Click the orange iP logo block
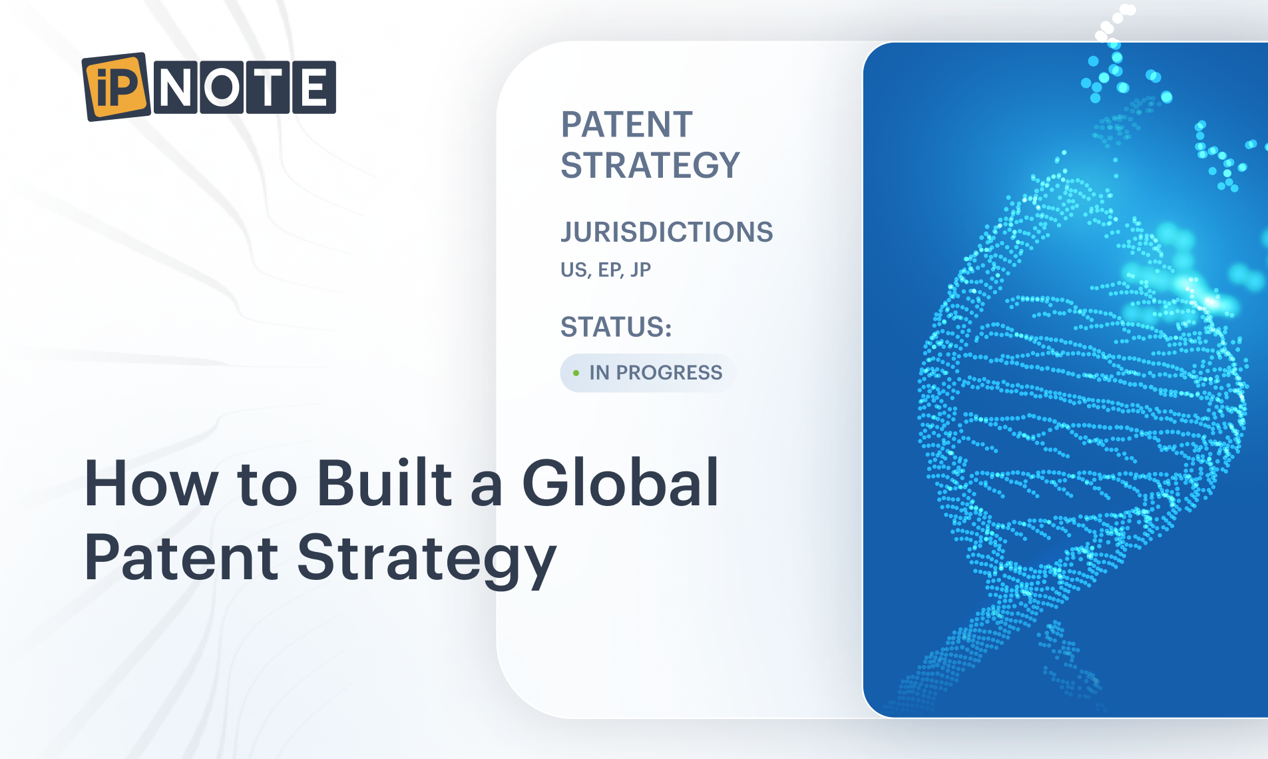(x=116, y=87)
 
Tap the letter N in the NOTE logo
(x=176, y=87)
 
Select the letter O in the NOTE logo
(x=222, y=87)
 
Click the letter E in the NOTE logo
(x=314, y=87)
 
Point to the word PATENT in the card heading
(x=626, y=125)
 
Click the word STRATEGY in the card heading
(x=650, y=165)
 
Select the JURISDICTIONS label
(x=666, y=232)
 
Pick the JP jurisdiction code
(x=640, y=270)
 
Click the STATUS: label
(x=616, y=327)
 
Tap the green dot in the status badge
(x=576, y=373)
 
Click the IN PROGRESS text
(x=656, y=373)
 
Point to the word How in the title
(x=151, y=483)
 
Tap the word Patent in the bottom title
(x=181, y=557)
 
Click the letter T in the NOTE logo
(x=268, y=87)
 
